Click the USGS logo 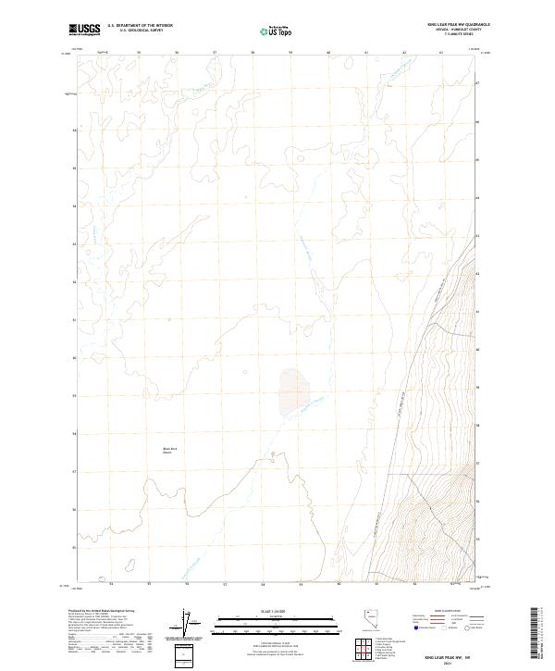click(84, 30)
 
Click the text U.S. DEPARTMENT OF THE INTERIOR click(140, 26)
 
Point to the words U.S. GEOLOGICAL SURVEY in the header click(140, 31)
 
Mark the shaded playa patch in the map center click(293, 392)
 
